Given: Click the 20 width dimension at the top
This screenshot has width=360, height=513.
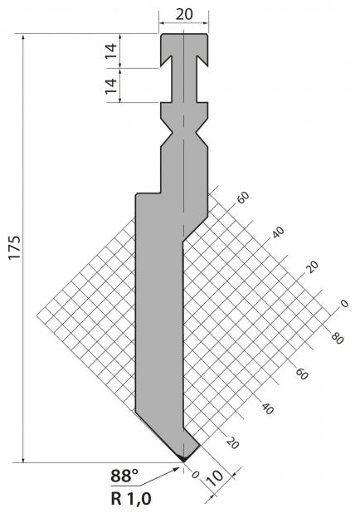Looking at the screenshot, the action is pyautogui.click(x=184, y=14).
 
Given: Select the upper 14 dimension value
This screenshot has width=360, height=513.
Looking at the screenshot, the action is pyautogui.click(x=111, y=51).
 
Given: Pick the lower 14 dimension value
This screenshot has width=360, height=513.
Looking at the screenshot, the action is pyautogui.click(x=111, y=85).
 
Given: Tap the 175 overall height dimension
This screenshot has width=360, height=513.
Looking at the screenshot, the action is pyautogui.click(x=14, y=247).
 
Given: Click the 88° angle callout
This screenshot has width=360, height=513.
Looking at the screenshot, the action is pyautogui.click(x=124, y=476).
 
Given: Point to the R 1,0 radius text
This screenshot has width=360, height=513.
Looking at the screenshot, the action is pyautogui.click(x=131, y=499).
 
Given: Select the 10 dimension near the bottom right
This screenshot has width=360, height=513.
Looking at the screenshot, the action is pyautogui.click(x=215, y=479).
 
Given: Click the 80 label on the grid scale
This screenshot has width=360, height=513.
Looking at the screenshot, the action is pyautogui.click(x=337, y=338).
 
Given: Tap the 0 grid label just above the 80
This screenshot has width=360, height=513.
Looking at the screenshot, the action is pyautogui.click(x=344, y=304).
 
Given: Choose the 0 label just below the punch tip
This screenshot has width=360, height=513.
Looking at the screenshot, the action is pyautogui.click(x=195, y=474).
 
